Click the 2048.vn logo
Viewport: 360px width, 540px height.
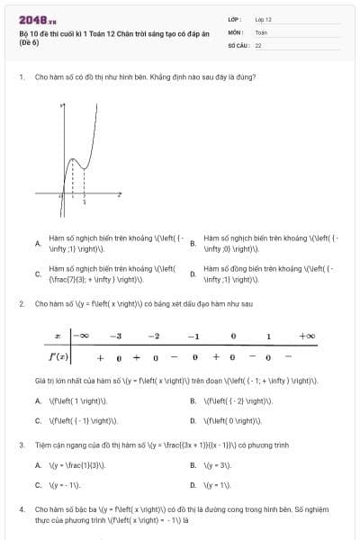point(37,19)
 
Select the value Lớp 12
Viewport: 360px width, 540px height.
point(263,19)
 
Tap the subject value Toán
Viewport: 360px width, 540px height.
point(261,31)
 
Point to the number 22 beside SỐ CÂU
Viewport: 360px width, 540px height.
point(258,44)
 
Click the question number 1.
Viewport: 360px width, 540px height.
point(21,76)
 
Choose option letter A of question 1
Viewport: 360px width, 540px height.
point(37,243)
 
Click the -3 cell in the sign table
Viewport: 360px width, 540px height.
point(115,336)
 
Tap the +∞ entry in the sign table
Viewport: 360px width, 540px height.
point(307,336)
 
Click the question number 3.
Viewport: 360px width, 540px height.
point(21,445)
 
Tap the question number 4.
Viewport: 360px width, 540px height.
point(21,509)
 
